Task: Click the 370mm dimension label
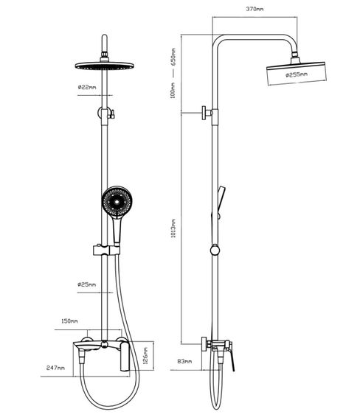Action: (255, 9)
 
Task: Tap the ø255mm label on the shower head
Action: (297, 74)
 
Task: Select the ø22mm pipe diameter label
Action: (87, 87)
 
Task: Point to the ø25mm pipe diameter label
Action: (86, 284)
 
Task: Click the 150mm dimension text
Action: (70, 321)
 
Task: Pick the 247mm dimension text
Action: (55, 368)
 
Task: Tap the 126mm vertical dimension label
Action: (145, 356)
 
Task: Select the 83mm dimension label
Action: (184, 361)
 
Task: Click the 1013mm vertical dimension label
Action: (173, 228)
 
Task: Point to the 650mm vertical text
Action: (173, 57)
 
